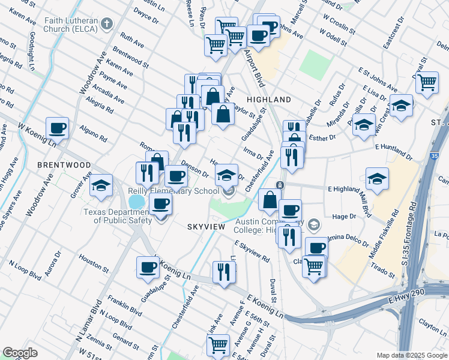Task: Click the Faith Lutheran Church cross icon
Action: click(107, 25)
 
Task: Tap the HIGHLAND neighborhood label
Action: click(268, 100)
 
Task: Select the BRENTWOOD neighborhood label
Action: click(64, 164)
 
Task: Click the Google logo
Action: click(20, 353)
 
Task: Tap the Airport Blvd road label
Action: click(255, 68)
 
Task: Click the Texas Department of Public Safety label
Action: click(117, 216)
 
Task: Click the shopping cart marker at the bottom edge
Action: click(218, 345)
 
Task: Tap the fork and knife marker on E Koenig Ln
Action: click(221, 271)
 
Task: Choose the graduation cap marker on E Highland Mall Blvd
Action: click(377, 178)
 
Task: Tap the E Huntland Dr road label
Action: click(394, 151)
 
